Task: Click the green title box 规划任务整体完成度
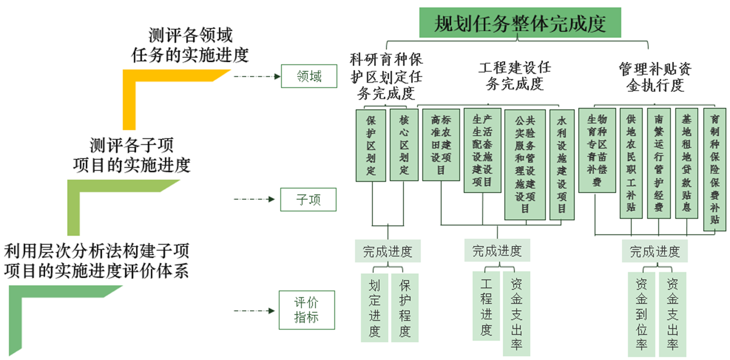pyautogui.click(x=520, y=23)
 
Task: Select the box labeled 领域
pyautogui.click(x=309, y=76)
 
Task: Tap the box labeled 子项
pyautogui.click(x=308, y=199)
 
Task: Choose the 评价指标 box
pyautogui.click(x=307, y=310)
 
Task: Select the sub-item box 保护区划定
pyautogui.click(x=371, y=145)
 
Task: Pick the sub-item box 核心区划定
pyautogui.click(x=404, y=145)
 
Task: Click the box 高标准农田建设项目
pyautogui.click(x=440, y=145)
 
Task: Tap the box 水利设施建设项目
pyautogui.click(x=562, y=164)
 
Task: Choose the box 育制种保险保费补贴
pyautogui.click(x=714, y=169)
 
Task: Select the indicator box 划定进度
pyautogui.click(x=374, y=308)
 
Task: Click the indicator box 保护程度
pyautogui.click(x=404, y=308)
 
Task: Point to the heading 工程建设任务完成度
pyautogui.click(x=514, y=75)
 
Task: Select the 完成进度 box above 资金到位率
pyautogui.click(x=655, y=252)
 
